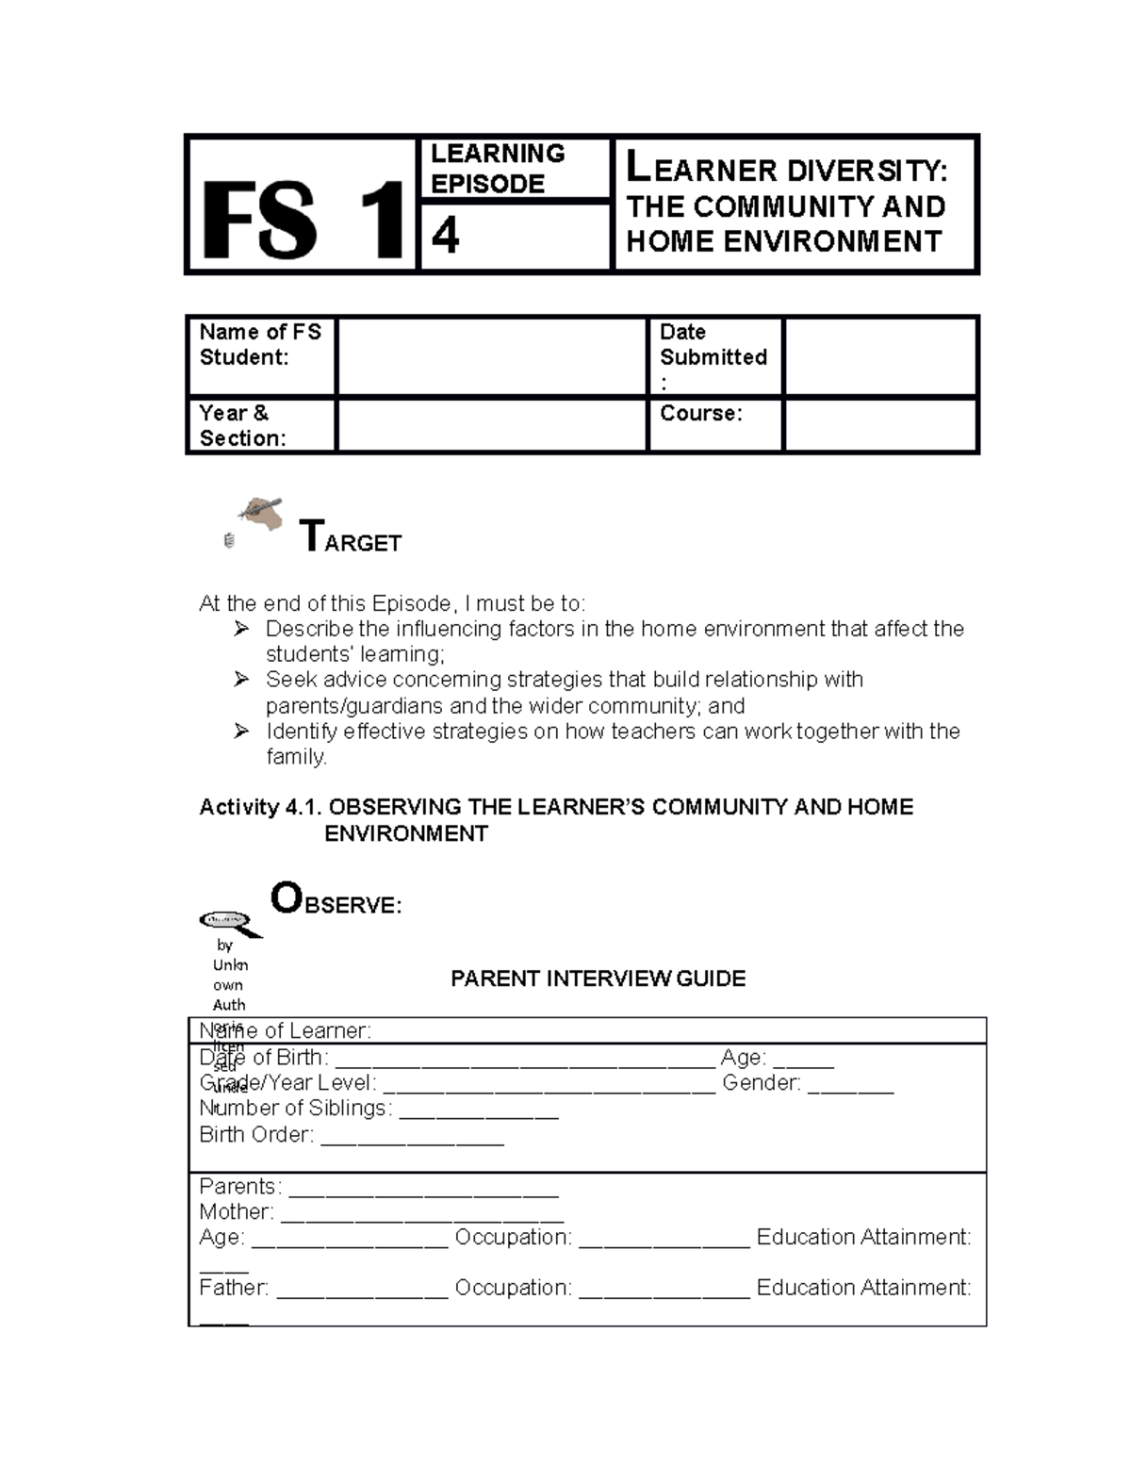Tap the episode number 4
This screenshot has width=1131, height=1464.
point(445,235)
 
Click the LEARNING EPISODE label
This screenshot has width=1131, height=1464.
point(498,169)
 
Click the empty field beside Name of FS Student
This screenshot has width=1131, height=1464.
point(491,356)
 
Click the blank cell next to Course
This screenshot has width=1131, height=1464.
point(879,425)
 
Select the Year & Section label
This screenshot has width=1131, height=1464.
point(242,425)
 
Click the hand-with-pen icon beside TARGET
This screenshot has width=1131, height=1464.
point(261,513)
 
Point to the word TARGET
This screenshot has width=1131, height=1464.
point(351,538)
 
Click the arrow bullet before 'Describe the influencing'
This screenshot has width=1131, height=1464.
point(241,629)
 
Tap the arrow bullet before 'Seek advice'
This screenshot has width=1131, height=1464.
point(241,680)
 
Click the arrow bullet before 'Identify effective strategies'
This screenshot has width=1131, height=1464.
point(241,732)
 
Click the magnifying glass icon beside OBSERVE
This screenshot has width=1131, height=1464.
point(229,922)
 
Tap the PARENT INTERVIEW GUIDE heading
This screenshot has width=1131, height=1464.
point(598,979)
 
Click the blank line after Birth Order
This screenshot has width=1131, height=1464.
point(412,1137)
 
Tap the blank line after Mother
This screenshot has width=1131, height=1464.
point(421,1214)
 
